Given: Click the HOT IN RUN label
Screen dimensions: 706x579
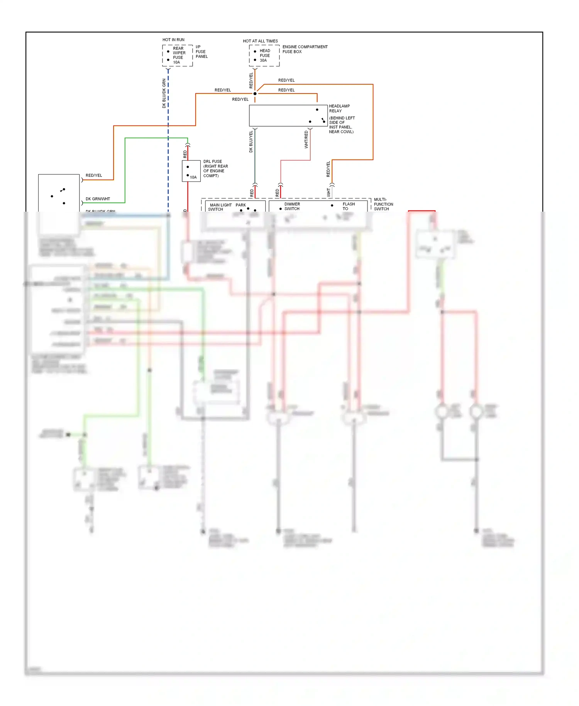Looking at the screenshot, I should (x=173, y=40).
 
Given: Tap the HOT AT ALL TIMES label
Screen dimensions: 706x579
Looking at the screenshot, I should (x=260, y=41).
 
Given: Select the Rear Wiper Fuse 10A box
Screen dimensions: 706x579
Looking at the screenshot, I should (x=177, y=56).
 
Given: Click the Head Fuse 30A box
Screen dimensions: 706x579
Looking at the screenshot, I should (x=264, y=56).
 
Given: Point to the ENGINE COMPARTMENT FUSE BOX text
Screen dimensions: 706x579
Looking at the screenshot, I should (x=305, y=49).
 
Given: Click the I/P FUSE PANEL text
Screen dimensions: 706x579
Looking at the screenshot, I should (x=201, y=52).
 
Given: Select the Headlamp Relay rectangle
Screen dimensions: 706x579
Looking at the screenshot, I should (x=288, y=115).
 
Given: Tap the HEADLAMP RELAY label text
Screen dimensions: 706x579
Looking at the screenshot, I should (x=339, y=109).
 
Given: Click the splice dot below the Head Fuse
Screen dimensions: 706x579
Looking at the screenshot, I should (x=255, y=93).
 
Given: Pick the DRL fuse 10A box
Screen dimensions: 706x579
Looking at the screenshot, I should (x=191, y=171).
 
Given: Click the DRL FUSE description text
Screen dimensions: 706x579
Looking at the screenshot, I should (x=215, y=168).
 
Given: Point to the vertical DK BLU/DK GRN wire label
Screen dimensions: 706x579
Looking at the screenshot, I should (x=164, y=93).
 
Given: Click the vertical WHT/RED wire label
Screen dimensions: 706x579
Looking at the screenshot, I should (x=306, y=139).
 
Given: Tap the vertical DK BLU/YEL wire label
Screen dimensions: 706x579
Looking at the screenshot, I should (x=251, y=141).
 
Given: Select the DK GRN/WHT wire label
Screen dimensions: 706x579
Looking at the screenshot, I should (x=98, y=199).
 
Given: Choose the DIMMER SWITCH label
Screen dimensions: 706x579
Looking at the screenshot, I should (x=292, y=206).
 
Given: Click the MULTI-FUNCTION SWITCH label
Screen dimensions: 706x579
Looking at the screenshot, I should (x=383, y=204).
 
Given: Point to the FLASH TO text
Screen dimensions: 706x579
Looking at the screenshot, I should (x=348, y=206).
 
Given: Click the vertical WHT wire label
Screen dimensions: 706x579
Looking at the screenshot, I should (x=328, y=192).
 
